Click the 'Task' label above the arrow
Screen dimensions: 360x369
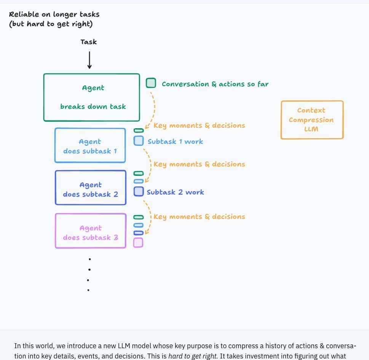click(x=88, y=42)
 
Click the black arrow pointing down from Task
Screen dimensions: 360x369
click(x=89, y=60)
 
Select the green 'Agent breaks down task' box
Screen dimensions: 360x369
click(x=92, y=97)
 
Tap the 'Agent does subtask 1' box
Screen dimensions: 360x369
click(x=90, y=146)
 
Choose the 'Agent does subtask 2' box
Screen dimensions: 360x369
click(x=90, y=188)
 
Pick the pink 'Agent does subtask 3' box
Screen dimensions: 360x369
click(x=90, y=231)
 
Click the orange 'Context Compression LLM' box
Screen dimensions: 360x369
click(x=311, y=120)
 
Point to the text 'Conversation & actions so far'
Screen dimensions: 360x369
click(x=215, y=84)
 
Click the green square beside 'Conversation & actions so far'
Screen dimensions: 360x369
click(x=151, y=83)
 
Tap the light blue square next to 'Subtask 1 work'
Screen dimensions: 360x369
click(x=139, y=141)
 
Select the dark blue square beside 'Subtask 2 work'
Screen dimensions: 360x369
click(x=139, y=191)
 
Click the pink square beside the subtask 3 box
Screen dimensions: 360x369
click(x=138, y=242)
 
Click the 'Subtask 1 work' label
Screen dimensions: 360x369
click(x=175, y=142)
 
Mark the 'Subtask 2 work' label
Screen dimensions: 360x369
click(x=175, y=192)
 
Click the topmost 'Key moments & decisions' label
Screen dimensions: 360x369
click(x=199, y=126)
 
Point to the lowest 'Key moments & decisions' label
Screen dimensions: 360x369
click(x=199, y=217)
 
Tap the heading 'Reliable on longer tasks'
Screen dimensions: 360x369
click(x=54, y=14)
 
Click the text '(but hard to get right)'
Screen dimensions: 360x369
click(x=51, y=24)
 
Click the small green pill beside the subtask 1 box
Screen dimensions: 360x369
click(x=139, y=131)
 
